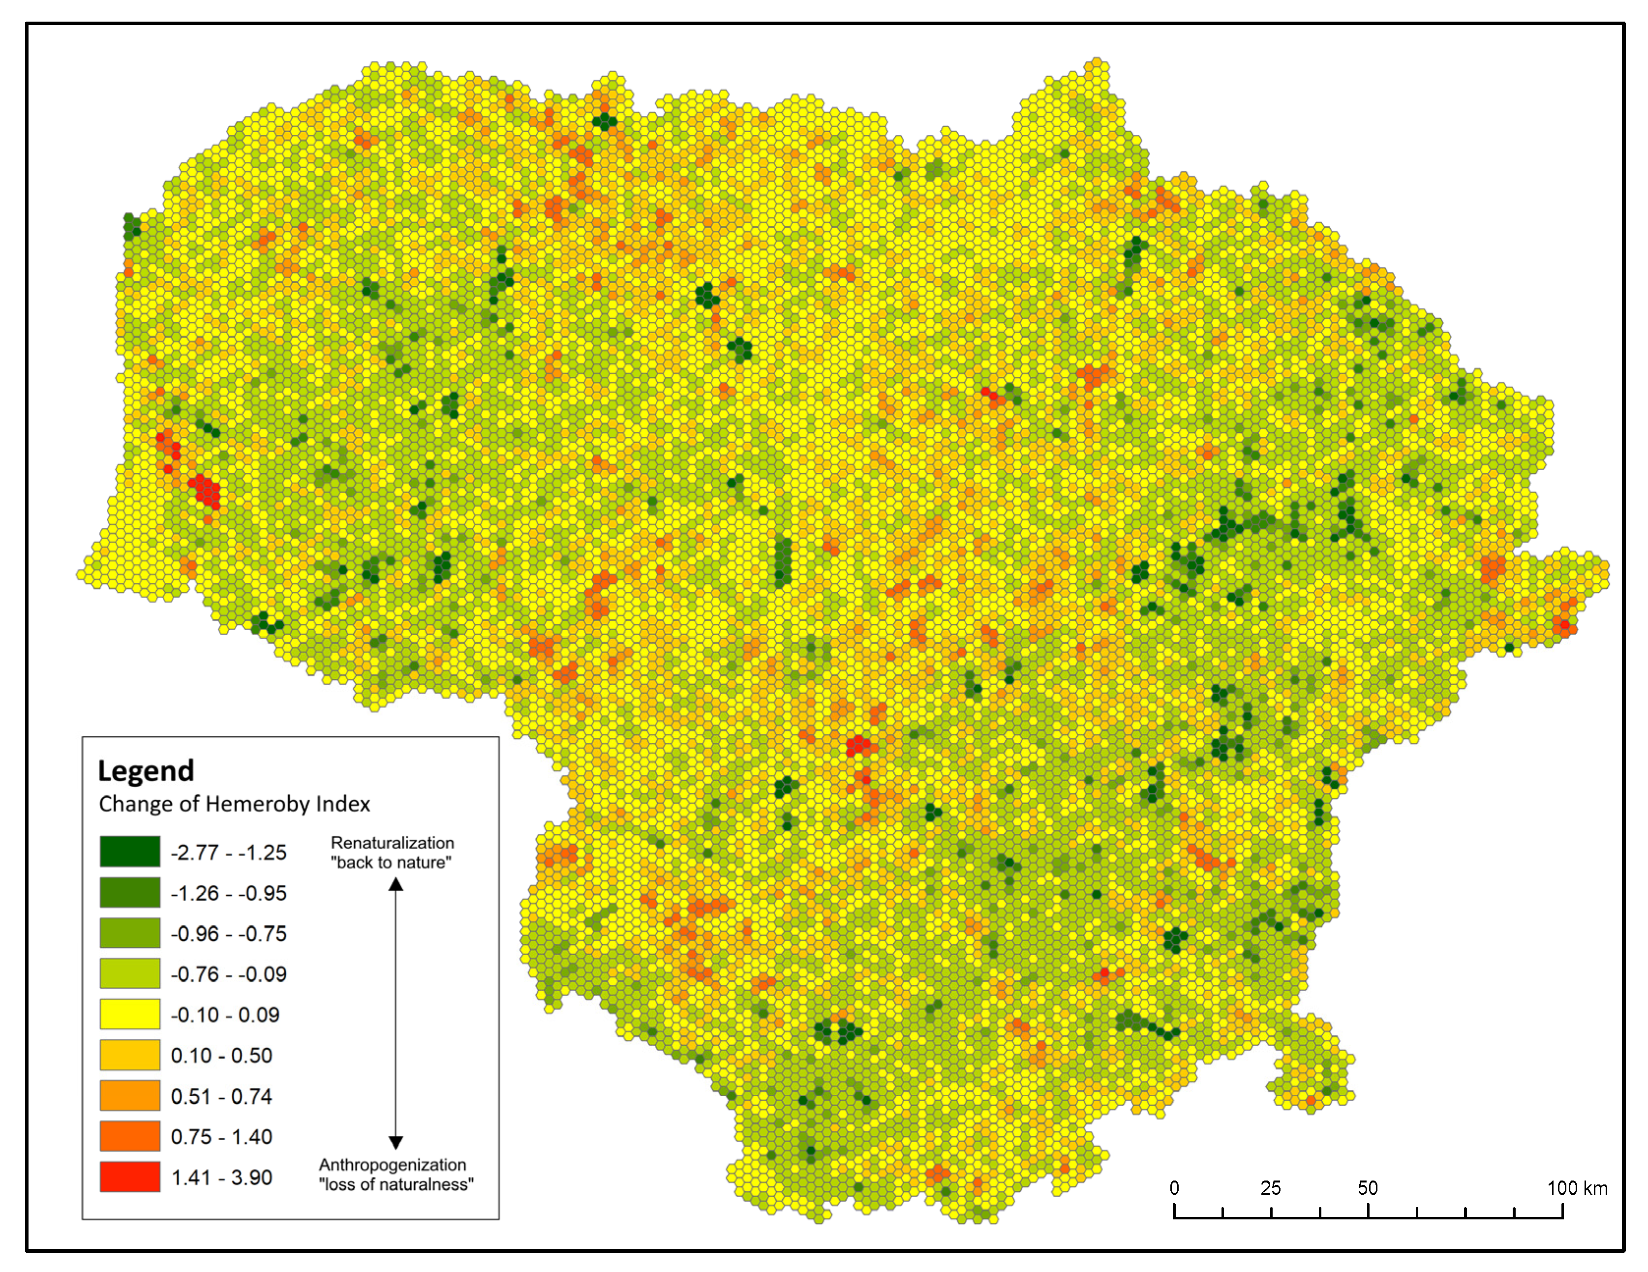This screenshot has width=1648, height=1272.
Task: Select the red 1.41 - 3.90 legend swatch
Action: [x=130, y=1176]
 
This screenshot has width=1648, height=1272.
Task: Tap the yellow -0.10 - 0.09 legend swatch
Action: [x=130, y=1014]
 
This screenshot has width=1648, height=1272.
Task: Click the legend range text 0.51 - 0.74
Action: [x=221, y=1095]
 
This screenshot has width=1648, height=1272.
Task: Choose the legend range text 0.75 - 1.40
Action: [x=221, y=1136]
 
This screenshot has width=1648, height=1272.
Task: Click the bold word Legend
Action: [x=146, y=770]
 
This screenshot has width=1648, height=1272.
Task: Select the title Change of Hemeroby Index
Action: [x=234, y=804]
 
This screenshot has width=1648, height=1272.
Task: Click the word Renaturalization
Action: [x=393, y=843]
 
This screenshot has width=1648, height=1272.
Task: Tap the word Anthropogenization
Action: [x=393, y=1164]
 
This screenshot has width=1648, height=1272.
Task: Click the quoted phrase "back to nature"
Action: [x=391, y=862]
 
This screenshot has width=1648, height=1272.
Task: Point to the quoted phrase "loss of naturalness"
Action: [x=396, y=1184]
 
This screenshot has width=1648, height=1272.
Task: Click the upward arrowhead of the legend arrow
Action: [x=396, y=885]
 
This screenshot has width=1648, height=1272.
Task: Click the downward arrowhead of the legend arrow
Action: [x=396, y=1142]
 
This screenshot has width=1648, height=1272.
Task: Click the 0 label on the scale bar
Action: [x=1174, y=1187]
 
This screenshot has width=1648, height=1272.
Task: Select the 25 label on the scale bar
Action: [x=1271, y=1187]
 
